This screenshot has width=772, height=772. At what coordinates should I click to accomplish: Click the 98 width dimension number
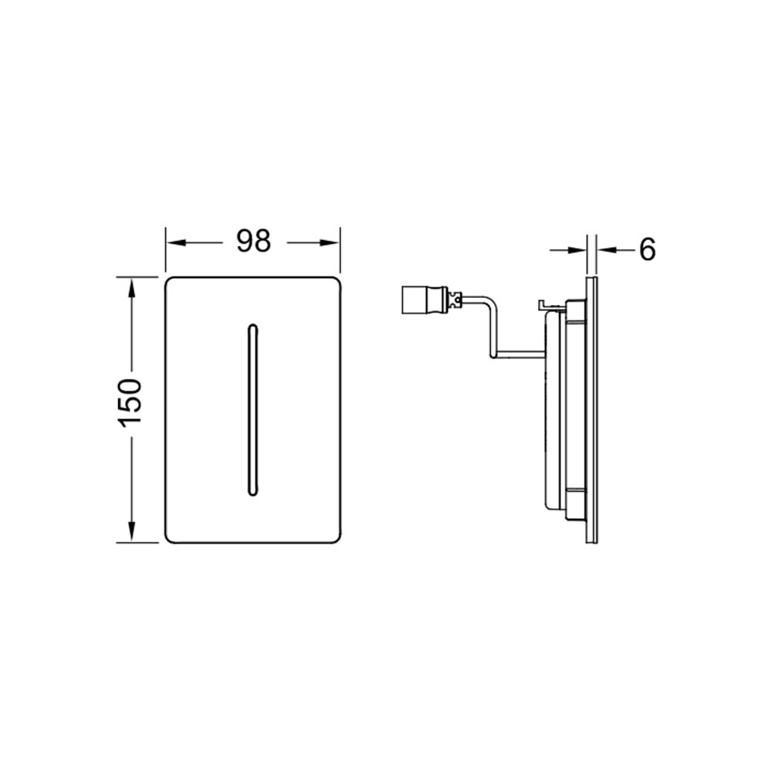[x=253, y=241]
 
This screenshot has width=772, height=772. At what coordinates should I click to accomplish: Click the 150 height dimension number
[x=130, y=401]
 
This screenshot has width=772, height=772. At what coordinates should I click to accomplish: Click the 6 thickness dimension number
[x=648, y=249]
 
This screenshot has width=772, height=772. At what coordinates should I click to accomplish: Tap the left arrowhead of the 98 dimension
[x=175, y=242]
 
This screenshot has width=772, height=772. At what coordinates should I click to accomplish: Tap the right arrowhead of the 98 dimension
[x=330, y=242]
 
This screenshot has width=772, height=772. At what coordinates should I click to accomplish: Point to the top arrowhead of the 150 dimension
[x=131, y=287]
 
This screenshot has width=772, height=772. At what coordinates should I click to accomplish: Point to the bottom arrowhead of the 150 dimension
[x=131, y=532]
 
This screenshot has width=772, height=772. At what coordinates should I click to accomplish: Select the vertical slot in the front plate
[x=252, y=409]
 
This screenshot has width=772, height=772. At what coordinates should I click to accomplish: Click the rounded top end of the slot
[x=252, y=326]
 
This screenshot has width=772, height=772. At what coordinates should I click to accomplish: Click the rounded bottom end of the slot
[x=252, y=493]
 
